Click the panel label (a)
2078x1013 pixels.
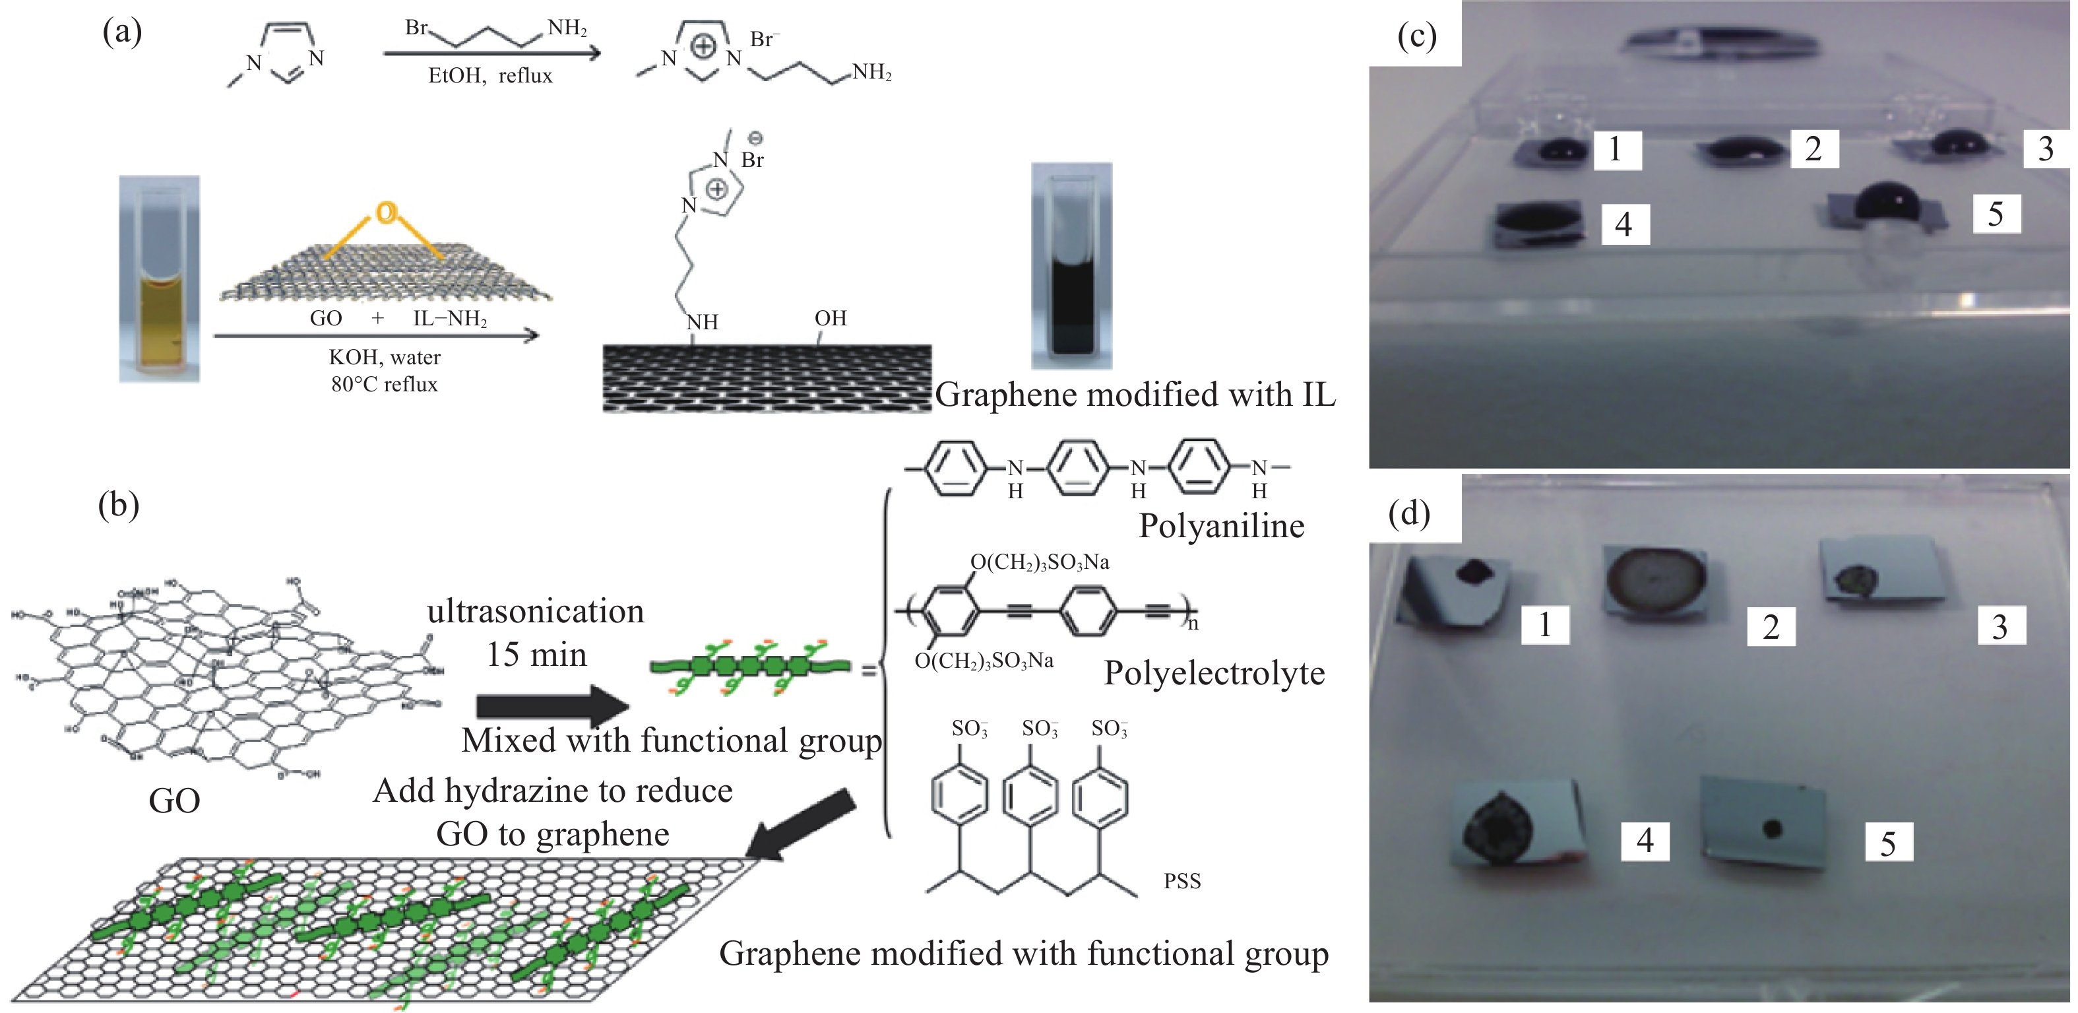coord(123,32)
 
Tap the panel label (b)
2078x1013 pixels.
coord(119,506)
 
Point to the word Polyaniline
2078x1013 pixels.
coord(1220,526)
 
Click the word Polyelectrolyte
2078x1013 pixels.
coord(1214,673)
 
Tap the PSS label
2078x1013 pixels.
coord(1181,880)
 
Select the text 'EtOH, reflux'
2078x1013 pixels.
coord(489,76)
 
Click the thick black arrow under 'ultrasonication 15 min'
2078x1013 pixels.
coord(551,705)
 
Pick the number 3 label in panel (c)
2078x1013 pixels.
coord(2045,148)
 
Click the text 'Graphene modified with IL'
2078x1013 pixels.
coord(1134,395)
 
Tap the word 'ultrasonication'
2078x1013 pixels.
coord(536,612)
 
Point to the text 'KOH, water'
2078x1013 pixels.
coord(384,357)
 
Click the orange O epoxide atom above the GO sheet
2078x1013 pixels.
coord(387,212)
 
